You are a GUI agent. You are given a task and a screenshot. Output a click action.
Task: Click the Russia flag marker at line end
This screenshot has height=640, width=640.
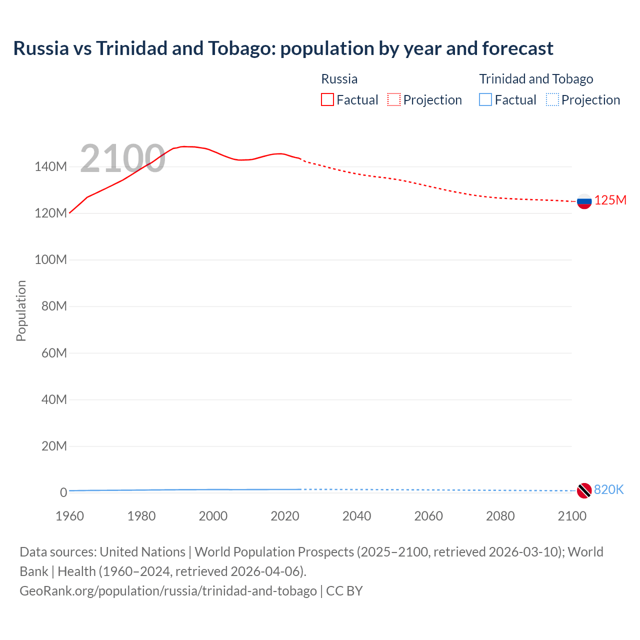(x=584, y=201)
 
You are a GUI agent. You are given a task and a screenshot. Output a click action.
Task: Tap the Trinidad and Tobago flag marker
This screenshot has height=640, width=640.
(x=584, y=490)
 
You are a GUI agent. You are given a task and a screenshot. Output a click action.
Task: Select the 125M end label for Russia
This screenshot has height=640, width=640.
(x=610, y=200)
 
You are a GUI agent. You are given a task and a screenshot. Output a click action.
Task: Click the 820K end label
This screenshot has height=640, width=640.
(x=608, y=490)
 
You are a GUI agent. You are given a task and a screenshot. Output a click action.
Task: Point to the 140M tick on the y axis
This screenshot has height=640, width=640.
(x=50, y=167)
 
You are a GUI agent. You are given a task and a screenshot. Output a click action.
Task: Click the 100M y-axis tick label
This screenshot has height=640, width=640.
(x=50, y=260)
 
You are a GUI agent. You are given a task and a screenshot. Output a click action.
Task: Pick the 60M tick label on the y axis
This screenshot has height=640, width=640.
(x=53, y=353)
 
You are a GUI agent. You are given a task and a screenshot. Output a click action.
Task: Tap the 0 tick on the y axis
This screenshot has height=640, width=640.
(x=63, y=492)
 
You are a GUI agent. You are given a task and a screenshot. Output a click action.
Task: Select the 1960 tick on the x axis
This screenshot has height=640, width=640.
(x=69, y=516)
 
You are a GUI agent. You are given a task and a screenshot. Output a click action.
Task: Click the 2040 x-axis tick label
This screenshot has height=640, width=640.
(x=356, y=516)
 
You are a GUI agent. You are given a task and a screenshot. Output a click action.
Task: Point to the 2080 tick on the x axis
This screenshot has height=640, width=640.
(x=500, y=516)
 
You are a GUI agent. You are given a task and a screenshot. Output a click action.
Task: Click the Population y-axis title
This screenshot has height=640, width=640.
(x=21, y=310)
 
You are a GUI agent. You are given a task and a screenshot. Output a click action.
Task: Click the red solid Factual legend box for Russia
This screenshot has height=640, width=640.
(x=327, y=100)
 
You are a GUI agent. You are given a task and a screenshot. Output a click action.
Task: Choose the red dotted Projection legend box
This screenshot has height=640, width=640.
(x=394, y=100)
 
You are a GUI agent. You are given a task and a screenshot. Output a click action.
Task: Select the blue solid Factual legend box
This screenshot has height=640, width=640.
(x=485, y=100)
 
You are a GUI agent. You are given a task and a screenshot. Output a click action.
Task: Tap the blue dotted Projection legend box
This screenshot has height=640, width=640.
(x=552, y=100)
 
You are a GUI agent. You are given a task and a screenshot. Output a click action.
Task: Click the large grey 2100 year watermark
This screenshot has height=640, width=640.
(x=122, y=158)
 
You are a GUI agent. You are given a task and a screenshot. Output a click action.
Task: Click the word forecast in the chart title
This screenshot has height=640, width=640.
(x=517, y=48)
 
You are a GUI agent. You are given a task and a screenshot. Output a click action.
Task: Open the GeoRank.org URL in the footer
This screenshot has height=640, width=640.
(x=168, y=591)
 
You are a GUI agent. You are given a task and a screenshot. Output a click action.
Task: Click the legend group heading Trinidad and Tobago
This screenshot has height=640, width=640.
(x=536, y=79)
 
